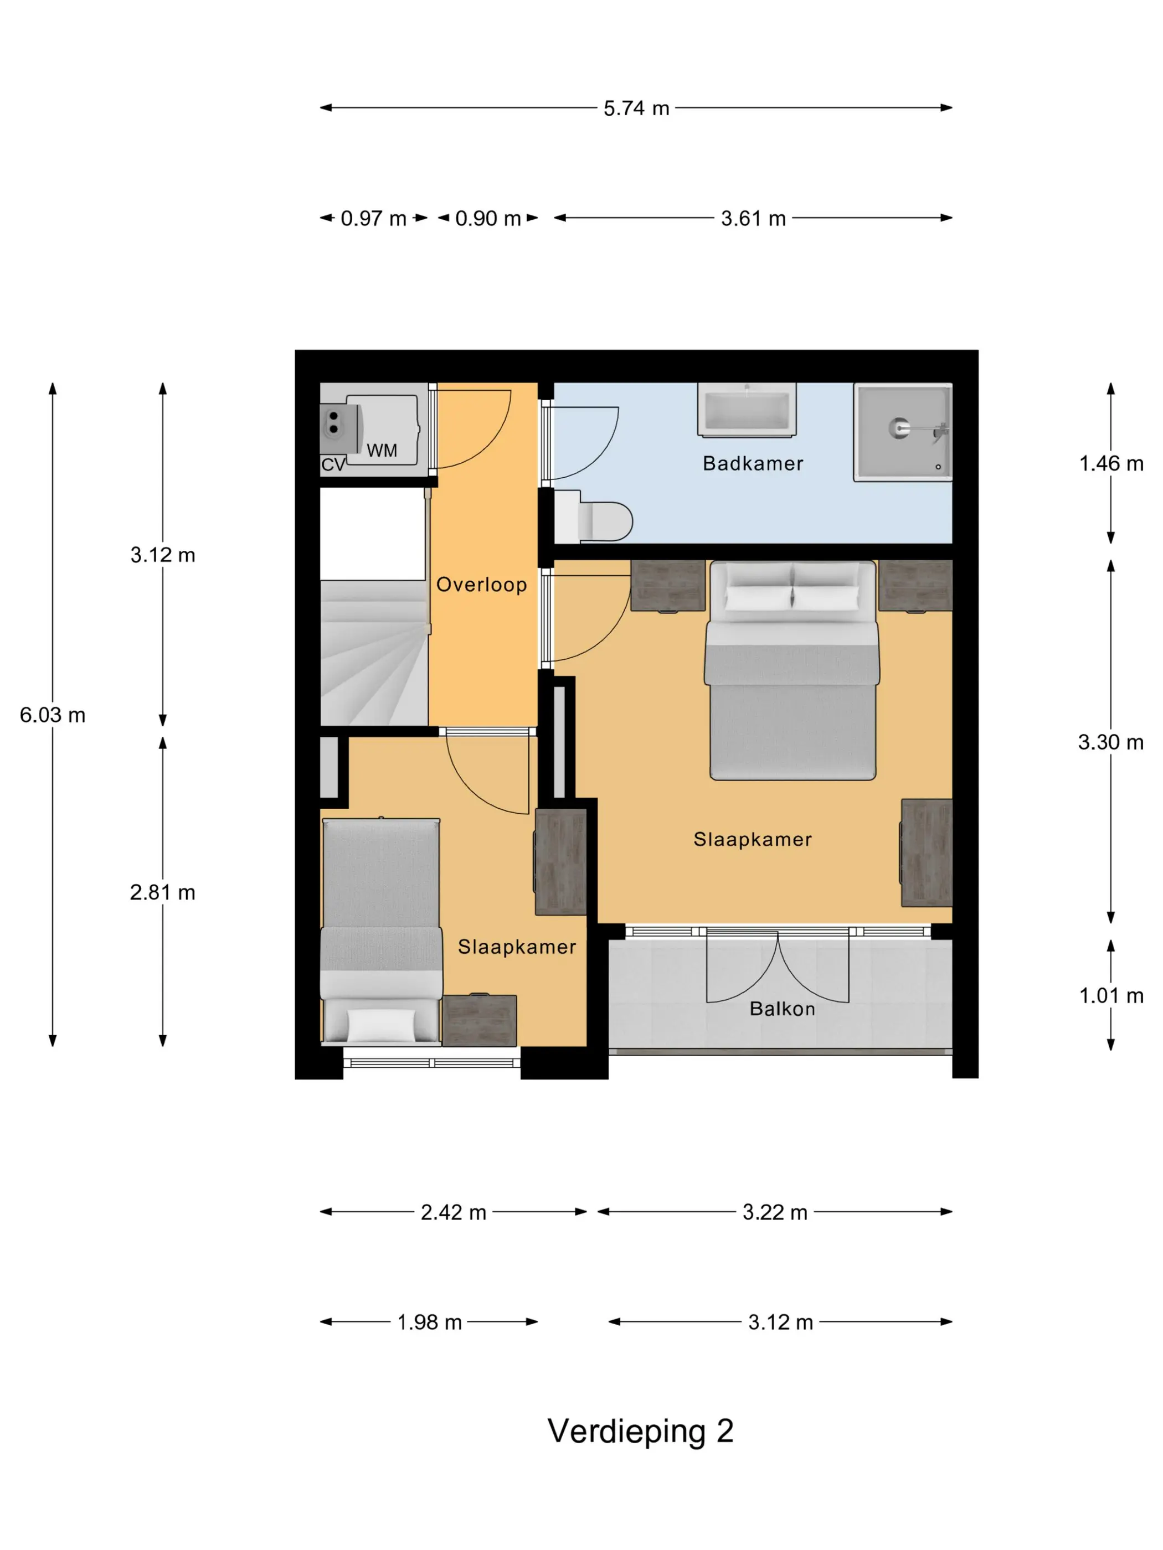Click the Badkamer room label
[x=752, y=463]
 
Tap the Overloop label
[x=482, y=585]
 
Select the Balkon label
[x=783, y=1009]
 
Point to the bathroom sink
[x=747, y=410]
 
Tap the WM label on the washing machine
[x=382, y=451]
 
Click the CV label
[x=333, y=464]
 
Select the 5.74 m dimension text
[x=636, y=108]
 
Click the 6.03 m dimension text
[x=53, y=715]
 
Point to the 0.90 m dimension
[x=488, y=219]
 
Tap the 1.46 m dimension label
[x=1111, y=463]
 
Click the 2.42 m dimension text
[x=454, y=1212]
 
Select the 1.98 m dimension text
[x=430, y=1322]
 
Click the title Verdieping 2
[x=640, y=1432]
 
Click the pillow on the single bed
[x=380, y=1025]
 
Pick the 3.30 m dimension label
[x=1110, y=742]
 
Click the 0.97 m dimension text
[x=374, y=219]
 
